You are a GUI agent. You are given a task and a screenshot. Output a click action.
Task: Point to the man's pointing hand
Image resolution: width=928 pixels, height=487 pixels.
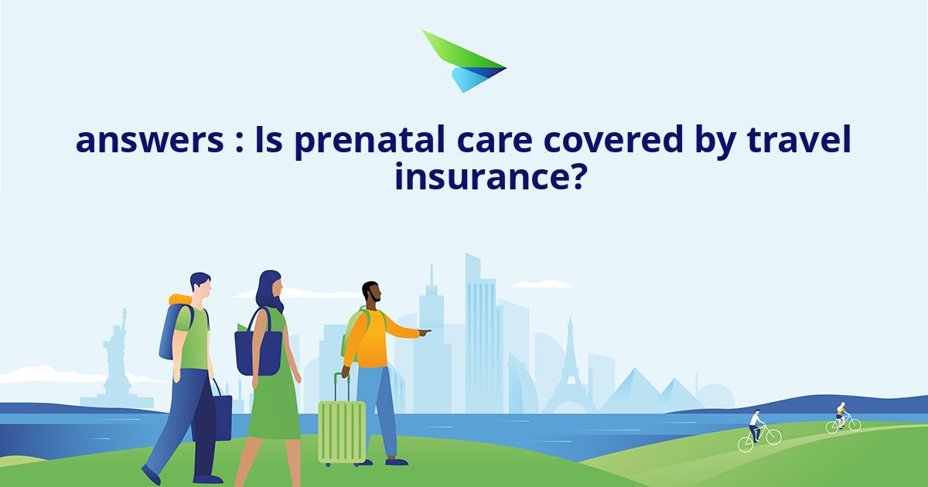click(x=425, y=333)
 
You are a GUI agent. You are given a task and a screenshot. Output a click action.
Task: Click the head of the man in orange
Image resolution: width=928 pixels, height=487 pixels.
click(x=372, y=294)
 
